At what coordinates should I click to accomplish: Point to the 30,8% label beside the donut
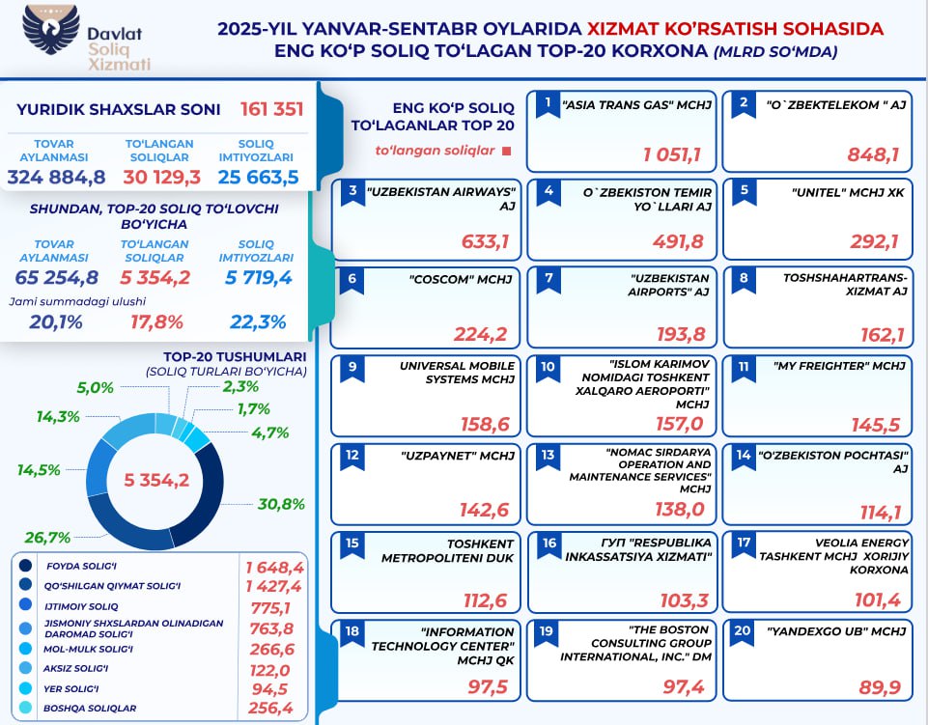(281, 503)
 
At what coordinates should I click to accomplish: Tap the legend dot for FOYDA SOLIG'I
(25, 566)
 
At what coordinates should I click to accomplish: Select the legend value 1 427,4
(274, 586)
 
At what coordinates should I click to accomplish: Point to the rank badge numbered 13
(548, 454)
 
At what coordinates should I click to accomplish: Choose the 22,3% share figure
(258, 322)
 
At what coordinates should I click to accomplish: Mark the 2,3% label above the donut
(240, 387)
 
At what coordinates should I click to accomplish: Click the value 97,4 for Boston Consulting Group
(682, 685)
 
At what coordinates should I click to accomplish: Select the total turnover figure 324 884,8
(56, 177)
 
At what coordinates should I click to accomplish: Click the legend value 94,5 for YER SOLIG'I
(281, 687)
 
